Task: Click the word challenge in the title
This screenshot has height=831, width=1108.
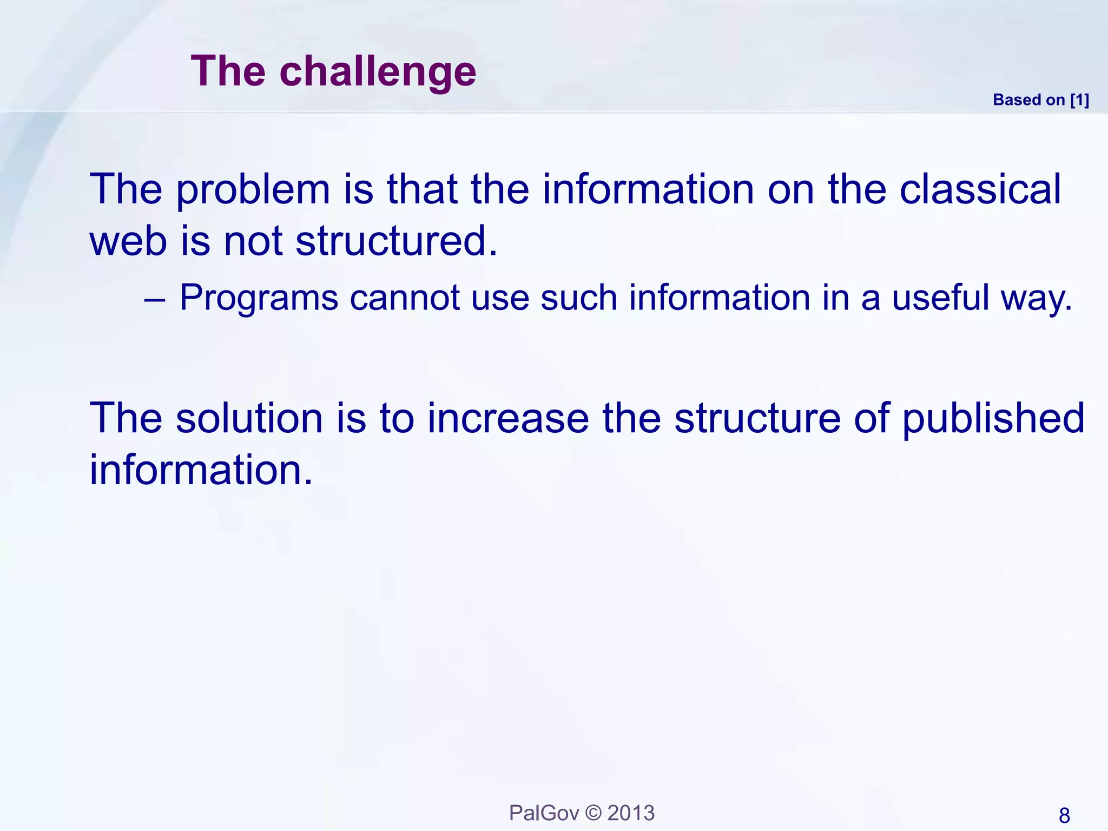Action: point(378,72)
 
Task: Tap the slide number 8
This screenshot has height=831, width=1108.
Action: point(1064,815)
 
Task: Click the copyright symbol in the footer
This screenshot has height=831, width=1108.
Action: point(593,813)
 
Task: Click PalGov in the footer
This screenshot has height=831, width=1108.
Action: point(544,813)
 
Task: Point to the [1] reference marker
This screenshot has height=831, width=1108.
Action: point(1079,100)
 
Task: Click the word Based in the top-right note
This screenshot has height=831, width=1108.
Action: point(1017,100)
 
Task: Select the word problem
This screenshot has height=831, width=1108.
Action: point(253,190)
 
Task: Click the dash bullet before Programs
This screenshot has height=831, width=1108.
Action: point(155,299)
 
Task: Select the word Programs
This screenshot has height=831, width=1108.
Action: point(259,299)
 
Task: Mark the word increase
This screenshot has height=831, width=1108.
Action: point(507,419)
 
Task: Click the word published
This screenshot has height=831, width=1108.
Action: point(993,419)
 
